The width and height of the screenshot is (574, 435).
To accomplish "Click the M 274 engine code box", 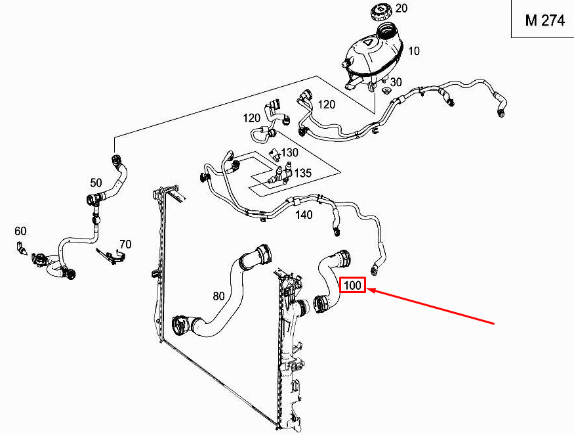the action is point(543,19).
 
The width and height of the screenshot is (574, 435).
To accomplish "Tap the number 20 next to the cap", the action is point(401,8).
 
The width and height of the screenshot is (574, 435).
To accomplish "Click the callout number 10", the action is point(414,51).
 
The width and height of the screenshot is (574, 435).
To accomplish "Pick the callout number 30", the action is point(396,81).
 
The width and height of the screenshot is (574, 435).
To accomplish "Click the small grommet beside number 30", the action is point(385,91).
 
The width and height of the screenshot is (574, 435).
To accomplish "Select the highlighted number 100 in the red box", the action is point(353,285).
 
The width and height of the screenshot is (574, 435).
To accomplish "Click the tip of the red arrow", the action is point(367,290).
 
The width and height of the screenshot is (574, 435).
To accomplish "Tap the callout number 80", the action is point(218,296).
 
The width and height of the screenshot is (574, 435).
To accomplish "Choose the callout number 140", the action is point(304,215).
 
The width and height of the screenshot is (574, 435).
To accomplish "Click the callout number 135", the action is point(302,173).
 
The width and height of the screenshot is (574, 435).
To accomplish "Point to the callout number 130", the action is point(289,152).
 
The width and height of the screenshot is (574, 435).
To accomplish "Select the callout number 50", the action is point(96,182).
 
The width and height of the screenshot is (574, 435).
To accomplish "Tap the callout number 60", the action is point(20,231).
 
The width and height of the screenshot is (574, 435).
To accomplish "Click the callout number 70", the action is point(125,244).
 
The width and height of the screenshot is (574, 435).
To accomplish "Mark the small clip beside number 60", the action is point(22,248).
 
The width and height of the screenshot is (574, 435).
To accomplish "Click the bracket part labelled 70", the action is point(112,255).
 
